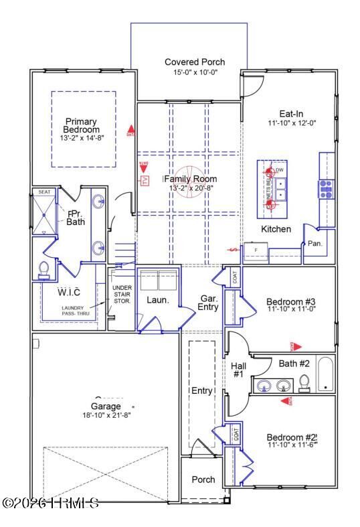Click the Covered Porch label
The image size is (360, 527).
click(195, 62)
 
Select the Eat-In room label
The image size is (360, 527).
click(291, 114)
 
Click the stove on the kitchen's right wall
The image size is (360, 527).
click(326, 189)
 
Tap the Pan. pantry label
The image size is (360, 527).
click(314, 244)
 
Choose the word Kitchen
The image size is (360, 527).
click(276, 229)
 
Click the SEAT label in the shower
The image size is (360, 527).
click(44, 192)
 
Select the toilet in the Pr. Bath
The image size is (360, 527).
click(45, 269)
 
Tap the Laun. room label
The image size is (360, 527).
click(158, 301)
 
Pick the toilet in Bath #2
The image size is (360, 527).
click(304, 382)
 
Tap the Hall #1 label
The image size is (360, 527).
click(238, 370)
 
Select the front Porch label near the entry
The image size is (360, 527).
click(203, 479)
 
